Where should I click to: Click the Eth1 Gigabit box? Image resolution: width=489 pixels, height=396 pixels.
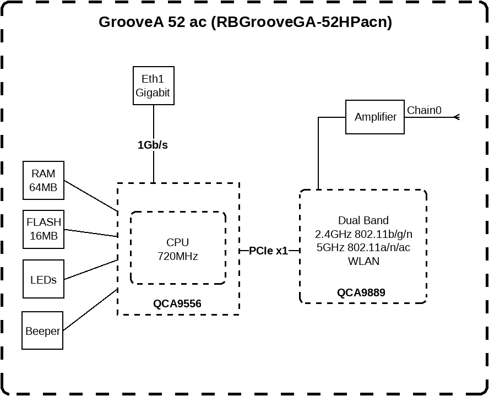click(153, 86)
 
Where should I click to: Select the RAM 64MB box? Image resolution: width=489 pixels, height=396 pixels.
click(44, 181)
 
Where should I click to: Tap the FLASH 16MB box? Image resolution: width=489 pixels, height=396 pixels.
click(44, 229)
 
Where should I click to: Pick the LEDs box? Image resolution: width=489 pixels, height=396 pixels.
click(44, 280)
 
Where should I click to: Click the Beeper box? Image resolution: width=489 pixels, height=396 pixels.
click(42, 330)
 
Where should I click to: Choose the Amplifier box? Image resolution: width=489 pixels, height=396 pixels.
click(375, 117)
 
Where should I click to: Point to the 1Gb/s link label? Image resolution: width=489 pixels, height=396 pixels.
click(153, 145)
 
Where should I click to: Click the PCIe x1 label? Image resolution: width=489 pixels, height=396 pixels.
click(268, 251)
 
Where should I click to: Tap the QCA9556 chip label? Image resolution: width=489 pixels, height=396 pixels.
click(177, 303)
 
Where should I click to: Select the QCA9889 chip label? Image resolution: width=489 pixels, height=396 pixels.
click(361, 292)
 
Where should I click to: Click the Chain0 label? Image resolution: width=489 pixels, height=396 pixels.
click(424, 110)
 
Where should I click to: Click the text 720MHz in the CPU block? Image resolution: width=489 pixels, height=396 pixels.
click(177, 256)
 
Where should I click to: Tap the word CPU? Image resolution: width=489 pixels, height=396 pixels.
click(177, 242)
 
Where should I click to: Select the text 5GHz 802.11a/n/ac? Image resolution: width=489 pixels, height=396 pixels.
click(363, 247)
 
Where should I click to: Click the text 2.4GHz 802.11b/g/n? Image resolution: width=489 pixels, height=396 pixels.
click(363, 234)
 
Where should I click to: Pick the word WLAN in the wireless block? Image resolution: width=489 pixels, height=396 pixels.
click(363, 261)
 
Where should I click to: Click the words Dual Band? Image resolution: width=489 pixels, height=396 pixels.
click(363, 220)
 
